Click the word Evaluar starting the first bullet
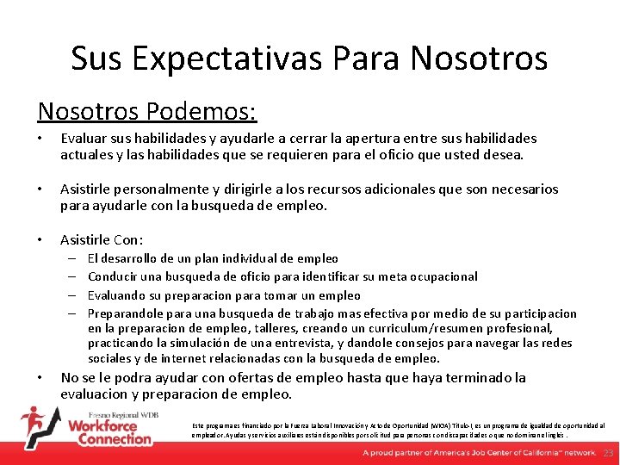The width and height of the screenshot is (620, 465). coord(84,139)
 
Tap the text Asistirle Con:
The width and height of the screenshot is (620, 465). coord(102,240)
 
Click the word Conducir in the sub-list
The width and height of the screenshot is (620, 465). coord(115,276)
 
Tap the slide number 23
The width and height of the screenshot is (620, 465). coord(608,453)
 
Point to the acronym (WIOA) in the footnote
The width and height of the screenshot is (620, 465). coord(425,425)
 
